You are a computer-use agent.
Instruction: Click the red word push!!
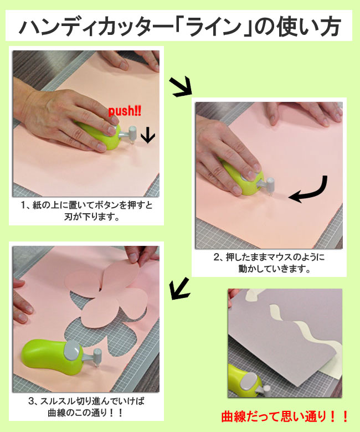125,111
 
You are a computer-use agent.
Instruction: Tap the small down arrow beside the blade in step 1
148,135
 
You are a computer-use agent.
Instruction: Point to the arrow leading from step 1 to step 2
181,86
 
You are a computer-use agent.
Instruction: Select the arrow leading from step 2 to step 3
180,289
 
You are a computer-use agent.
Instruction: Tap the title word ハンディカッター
96,27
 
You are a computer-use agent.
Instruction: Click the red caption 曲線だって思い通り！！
285,416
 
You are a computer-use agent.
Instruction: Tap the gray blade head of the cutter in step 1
132,133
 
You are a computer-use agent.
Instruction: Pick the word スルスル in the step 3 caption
57,401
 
